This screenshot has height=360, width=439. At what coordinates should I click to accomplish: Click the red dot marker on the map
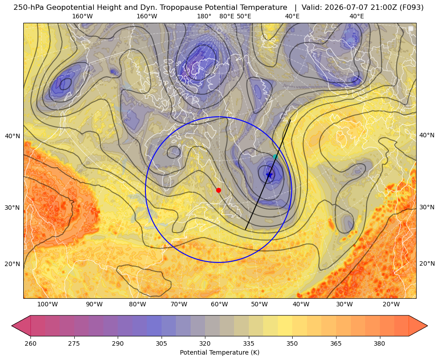219,190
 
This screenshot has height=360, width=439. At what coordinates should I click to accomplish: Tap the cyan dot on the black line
275,157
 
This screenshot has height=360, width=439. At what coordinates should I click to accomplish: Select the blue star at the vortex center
269,175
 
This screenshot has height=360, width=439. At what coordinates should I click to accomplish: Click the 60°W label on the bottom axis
219,304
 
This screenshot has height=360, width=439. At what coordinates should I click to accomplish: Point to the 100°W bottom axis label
47,304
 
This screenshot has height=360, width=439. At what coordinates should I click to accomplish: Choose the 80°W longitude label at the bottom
137,304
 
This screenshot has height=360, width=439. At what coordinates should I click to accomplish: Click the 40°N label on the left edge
13,136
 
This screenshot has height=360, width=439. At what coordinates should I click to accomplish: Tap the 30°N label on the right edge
427,207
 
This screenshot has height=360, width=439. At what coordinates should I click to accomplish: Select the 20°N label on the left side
13,264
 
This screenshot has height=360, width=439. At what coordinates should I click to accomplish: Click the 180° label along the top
204,16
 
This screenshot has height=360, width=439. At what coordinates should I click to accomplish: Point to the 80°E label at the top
227,16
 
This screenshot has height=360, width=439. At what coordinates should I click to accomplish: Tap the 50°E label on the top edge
244,16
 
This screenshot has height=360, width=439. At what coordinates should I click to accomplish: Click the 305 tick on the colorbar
162,343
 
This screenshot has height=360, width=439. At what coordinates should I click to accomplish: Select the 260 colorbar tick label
30,343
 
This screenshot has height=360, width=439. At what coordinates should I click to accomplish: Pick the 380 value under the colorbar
379,343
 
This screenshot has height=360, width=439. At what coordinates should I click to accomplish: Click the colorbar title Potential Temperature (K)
219,352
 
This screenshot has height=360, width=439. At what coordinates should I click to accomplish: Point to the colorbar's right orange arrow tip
427,326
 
